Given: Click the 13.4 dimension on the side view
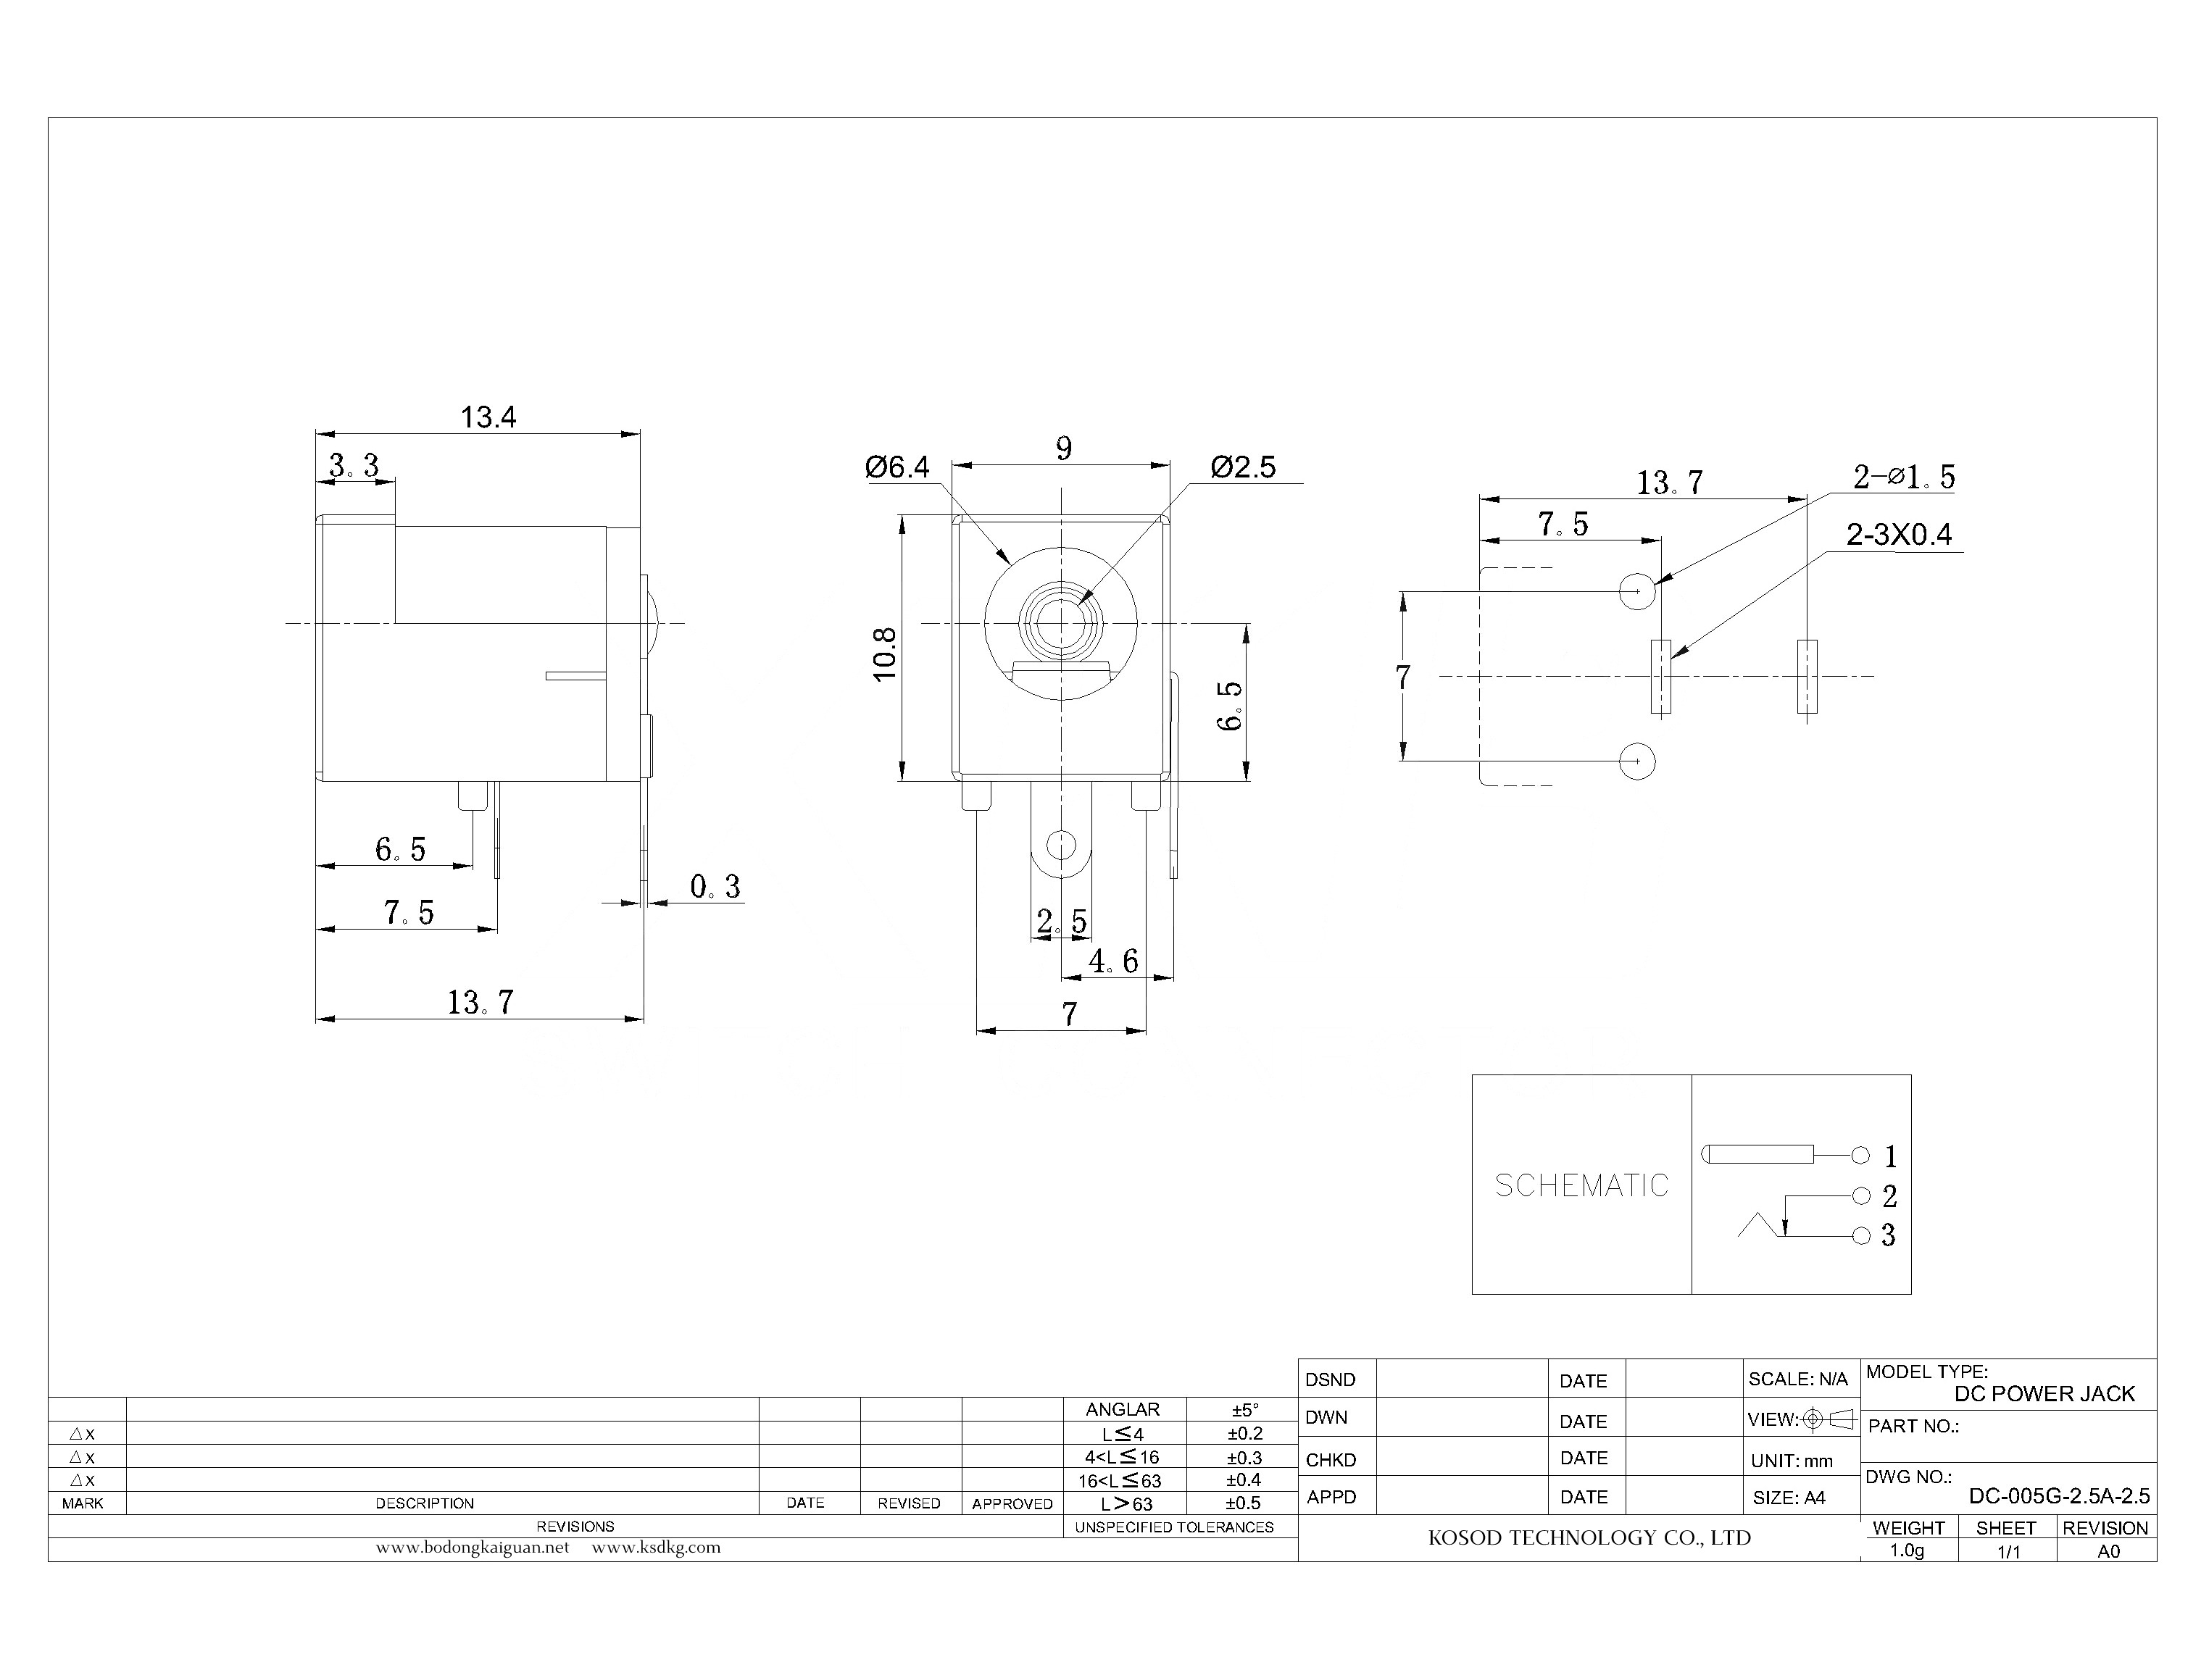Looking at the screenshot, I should pyautogui.click(x=488, y=417).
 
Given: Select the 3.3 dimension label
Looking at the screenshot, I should pyautogui.click(x=354, y=465).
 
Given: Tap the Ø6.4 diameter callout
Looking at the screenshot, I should pyautogui.click(x=897, y=467).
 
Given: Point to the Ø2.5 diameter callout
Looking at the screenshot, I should pyautogui.click(x=1243, y=467).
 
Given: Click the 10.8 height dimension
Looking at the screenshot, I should pyautogui.click(x=885, y=654).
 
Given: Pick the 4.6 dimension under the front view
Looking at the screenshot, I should pyautogui.click(x=1113, y=961).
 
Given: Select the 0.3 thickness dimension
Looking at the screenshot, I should pyautogui.click(x=715, y=886).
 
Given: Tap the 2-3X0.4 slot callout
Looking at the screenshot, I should pyautogui.click(x=1898, y=535).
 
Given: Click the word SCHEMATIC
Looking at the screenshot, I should pyautogui.click(x=1581, y=1185).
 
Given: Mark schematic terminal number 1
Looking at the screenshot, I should pyautogui.click(x=1890, y=1156).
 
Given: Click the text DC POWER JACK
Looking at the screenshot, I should pyautogui.click(x=2044, y=1394).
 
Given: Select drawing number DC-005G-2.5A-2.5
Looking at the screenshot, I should pyautogui.click(x=2059, y=1496).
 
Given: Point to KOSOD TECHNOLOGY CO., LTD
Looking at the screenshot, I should pyautogui.click(x=1589, y=1538).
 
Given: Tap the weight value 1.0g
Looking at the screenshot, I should pyautogui.click(x=1906, y=1550).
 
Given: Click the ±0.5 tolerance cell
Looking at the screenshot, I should pyautogui.click(x=1243, y=1503).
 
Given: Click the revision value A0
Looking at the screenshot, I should pyautogui.click(x=2108, y=1551).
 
